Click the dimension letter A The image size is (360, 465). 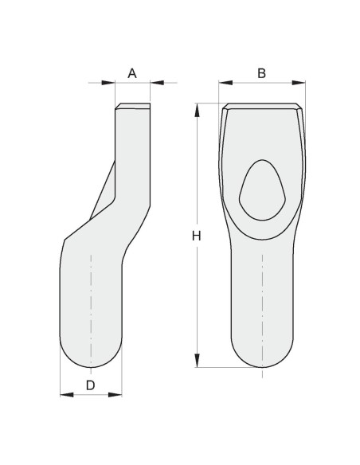pyautogui.click(x=132, y=72)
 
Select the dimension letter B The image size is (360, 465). pyautogui.click(x=261, y=72)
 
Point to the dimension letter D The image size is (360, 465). pyautogui.click(x=91, y=385)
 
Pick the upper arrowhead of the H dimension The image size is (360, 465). pyautogui.click(x=198, y=109)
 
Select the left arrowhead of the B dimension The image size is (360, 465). pyautogui.click(x=223, y=82)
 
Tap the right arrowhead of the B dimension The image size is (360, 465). pyautogui.click(x=301, y=82)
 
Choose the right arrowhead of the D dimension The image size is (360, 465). pyautogui.click(x=118, y=394)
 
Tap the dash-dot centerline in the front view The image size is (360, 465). pyautogui.click(x=262, y=303)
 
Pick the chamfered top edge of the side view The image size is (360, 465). pyautogui.click(x=133, y=106)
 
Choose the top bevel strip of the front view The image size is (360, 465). pyautogui.click(x=262, y=106)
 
